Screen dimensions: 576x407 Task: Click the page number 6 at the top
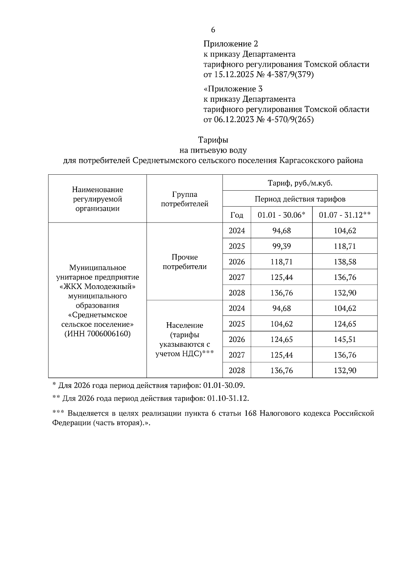[x=213, y=30]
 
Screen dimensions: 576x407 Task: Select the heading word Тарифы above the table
[x=213, y=140]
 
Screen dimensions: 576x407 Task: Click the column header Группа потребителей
[x=185, y=199]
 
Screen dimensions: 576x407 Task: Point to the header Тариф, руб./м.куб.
[x=300, y=183]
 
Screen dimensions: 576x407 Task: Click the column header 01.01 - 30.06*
[x=281, y=215]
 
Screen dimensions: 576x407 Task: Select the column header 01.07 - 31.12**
[x=345, y=215]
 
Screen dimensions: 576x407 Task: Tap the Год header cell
[x=236, y=215]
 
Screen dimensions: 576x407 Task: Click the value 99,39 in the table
[x=281, y=246]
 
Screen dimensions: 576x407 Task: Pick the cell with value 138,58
[x=345, y=262]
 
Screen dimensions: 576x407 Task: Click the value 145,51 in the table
[x=345, y=339]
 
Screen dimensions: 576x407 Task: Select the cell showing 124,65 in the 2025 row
[x=345, y=324]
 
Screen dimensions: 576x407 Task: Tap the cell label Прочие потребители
[x=185, y=262]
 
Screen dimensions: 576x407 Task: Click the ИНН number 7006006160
[x=109, y=333]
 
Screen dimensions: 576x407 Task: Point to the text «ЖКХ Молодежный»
[x=97, y=287]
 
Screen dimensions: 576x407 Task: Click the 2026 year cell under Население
[x=236, y=339]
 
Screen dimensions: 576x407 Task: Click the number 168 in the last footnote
[x=250, y=414]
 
